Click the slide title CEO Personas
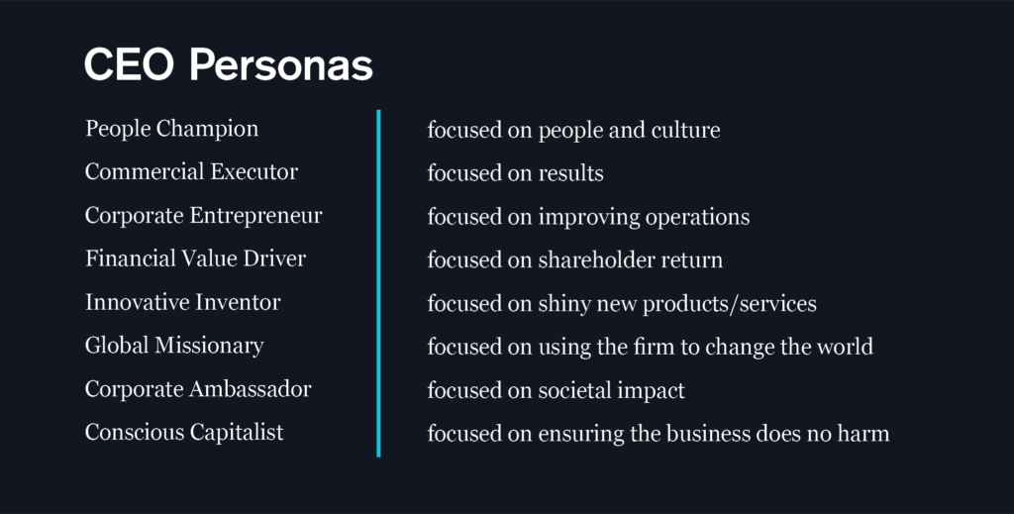[229, 64]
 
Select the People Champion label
[171, 129]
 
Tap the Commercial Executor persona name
[191, 171]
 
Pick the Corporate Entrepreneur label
[203, 215]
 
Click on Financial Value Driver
[195, 257]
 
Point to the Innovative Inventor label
[182, 302]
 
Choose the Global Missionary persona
[174, 346]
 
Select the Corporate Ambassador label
[198, 388]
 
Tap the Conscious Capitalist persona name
[183, 432]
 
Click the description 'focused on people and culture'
[573, 130]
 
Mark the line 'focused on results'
[515, 173]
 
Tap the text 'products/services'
[730, 304]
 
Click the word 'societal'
[573, 390]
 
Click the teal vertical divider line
[378, 283]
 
